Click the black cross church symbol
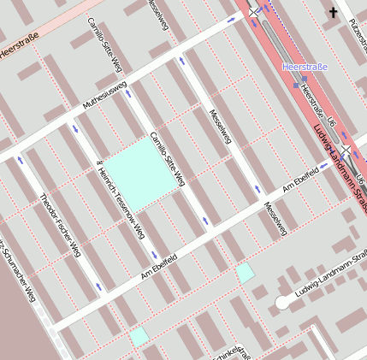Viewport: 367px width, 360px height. [x=333, y=12]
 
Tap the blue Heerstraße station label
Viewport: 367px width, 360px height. [x=305, y=66]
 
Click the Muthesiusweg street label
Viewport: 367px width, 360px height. [x=104, y=96]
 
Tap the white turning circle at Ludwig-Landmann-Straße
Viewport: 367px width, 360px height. [x=282, y=302]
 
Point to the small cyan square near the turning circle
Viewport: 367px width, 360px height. [x=246, y=273]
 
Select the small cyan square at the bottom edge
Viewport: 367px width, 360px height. [x=139, y=336]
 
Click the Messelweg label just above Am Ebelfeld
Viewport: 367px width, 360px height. [x=273, y=218]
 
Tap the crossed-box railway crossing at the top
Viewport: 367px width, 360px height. [x=254, y=11]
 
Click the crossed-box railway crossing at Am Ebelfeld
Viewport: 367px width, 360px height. [x=346, y=150]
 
